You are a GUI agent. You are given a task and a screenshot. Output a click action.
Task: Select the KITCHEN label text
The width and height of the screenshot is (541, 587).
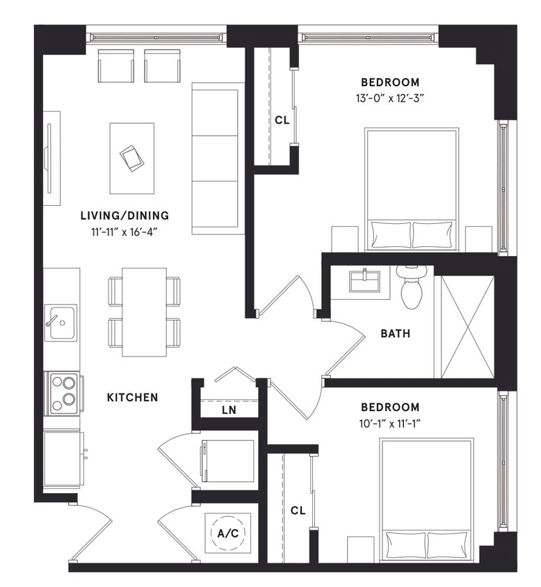[x=132, y=398]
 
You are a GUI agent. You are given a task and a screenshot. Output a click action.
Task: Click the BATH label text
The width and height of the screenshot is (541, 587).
[x=395, y=334]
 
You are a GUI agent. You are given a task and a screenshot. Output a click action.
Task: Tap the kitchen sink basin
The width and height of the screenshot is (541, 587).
[x=61, y=323]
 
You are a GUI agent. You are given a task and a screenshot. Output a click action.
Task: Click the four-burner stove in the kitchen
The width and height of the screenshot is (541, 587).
[x=63, y=392]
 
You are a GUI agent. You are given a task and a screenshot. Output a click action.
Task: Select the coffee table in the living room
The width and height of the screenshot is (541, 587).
[x=132, y=159]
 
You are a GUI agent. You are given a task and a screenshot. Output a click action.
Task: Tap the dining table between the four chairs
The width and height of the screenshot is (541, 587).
[x=144, y=312]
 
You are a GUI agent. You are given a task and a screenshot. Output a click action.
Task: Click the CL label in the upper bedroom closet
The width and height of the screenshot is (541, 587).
[x=281, y=120]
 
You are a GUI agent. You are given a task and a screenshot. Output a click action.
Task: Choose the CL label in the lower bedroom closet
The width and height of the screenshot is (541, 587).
[x=298, y=510]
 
